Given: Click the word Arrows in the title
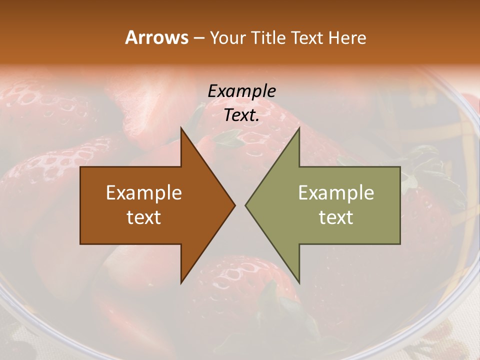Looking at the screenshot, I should click(x=156, y=37).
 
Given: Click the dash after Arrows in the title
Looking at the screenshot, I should click(x=198, y=38).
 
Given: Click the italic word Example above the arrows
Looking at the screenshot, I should click(x=242, y=91).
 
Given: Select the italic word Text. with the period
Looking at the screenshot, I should click(x=242, y=115).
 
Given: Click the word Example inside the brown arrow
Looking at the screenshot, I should click(x=144, y=193).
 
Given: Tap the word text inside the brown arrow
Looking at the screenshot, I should click(x=144, y=217).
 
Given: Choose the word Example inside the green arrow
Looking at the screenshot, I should click(x=336, y=193).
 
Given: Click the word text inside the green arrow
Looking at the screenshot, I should click(x=336, y=217).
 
